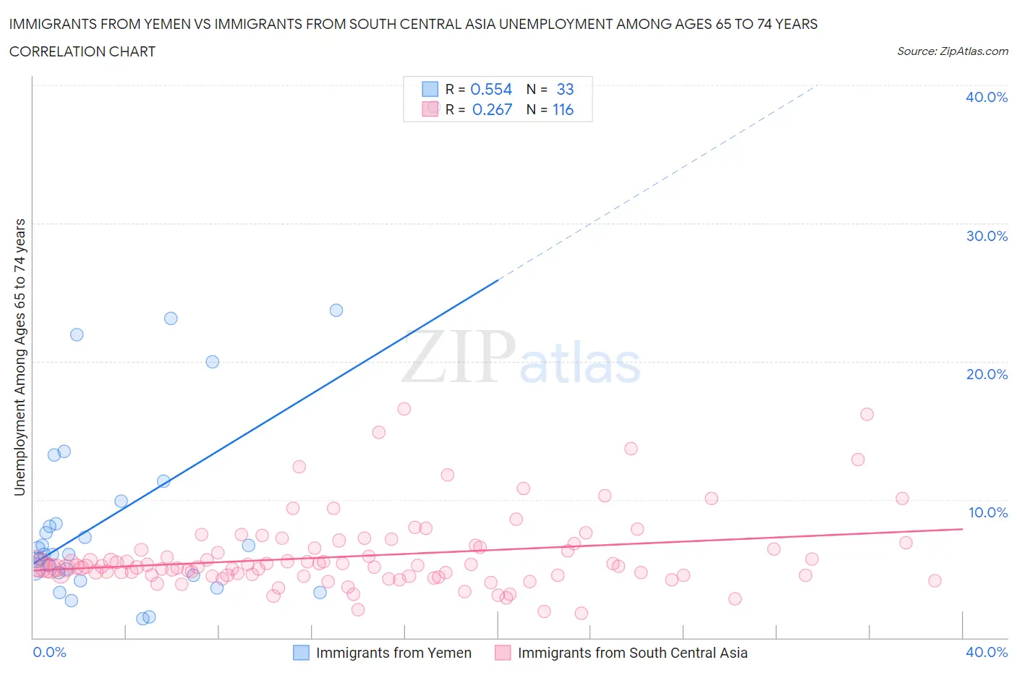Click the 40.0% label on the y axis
click(x=987, y=97)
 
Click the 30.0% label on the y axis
click(x=987, y=236)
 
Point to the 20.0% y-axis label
click(x=987, y=374)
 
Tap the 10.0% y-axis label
click(x=988, y=512)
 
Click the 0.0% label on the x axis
click(x=49, y=652)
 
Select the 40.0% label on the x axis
click(x=987, y=652)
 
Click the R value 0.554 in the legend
click(x=491, y=89)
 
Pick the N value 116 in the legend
click(x=563, y=110)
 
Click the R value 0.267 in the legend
click(x=492, y=110)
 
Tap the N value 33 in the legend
click(x=565, y=89)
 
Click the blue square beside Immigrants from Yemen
click(x=301, y=653)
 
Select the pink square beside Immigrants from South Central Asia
click(x=503, y=653)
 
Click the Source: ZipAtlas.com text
click(x=952, y=51)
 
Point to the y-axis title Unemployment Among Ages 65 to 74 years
click(x=20, y=357)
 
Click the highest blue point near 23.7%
click(x=336, y=310)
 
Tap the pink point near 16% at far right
click(x=867, y=415)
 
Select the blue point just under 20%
click(x=212, y=362)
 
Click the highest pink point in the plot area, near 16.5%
click(x=404, y=409)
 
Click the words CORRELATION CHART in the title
click(x=82, y=51)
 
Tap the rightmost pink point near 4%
click(x=935, y=580)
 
